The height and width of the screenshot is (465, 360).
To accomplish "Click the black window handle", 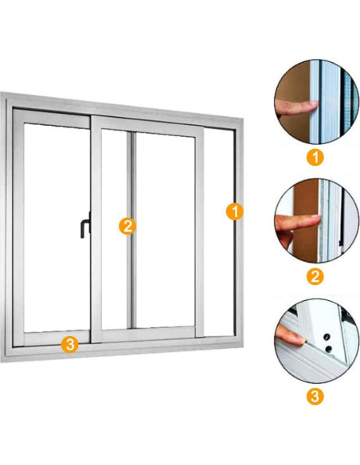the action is pyautogui.click(x=84, y=226).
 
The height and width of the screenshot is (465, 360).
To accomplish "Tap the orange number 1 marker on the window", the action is pyautogui.click(x=235, y=212).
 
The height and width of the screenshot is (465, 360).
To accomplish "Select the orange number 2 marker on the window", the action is pyautogui.click(x=127, y=226).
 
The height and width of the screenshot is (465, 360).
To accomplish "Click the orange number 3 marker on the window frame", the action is pyautogui.click(x=70, y=344).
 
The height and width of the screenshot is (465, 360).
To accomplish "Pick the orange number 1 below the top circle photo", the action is pyautogui.click(x=315, y=157).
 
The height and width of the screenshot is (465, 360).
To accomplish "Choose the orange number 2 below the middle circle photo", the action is pyautogui.click(x=315, y=276).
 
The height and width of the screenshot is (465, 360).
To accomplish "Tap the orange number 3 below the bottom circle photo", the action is pyautogui.click(x=315, y=397).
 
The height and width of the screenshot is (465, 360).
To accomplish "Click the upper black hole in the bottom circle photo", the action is pyautogui.click(x=327, y=337).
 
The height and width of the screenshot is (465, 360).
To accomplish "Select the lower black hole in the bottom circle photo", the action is pyautogui.click(x=329, y=349).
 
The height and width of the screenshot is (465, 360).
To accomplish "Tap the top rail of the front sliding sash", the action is pyautogui.click(x=147, y=127).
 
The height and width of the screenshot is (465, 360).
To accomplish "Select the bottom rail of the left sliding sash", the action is pyautogui.click(x=57, y=338).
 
